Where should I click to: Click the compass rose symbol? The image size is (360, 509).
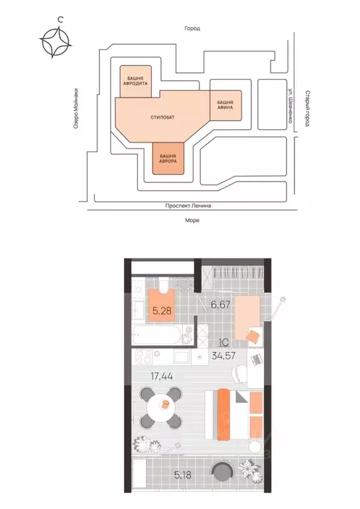[55, 42]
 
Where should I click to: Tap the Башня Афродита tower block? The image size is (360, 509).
[136, 81]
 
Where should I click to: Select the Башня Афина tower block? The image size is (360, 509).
[226, 105]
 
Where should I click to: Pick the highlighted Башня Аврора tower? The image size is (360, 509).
[168, 158]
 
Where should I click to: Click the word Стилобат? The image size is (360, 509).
[162, 117]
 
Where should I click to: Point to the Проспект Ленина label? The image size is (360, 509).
[188, 205]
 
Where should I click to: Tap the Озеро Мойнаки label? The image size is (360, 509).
[76, 109]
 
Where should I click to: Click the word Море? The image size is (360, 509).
[192, 221]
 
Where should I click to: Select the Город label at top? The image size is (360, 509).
[192, 28]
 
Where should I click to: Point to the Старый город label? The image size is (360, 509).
[307, 109]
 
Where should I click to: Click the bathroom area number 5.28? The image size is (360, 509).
[162, 311]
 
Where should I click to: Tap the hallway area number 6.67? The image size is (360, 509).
[221, 304]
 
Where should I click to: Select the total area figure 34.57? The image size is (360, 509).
[223, 356]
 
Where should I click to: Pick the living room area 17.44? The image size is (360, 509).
[161, 376]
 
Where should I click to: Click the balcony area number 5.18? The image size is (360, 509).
[183, 475]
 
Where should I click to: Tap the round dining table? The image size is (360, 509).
[161, 407]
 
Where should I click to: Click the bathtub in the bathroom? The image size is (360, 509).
[156, 335]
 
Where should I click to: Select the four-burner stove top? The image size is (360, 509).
[144, 357]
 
